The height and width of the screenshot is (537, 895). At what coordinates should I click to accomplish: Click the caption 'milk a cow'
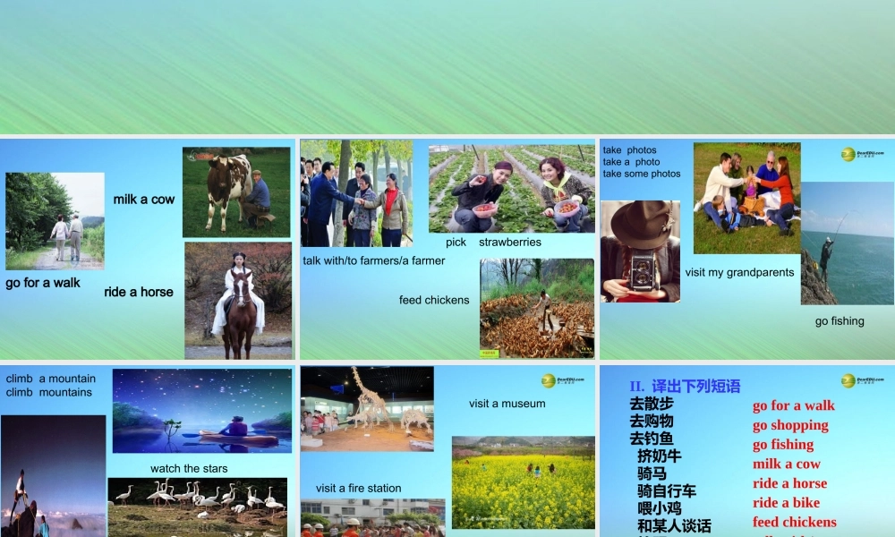coord(143,199)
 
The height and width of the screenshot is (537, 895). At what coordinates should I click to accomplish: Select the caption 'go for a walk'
coord(43,283)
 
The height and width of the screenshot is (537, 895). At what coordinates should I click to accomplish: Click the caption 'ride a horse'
coord(139,292)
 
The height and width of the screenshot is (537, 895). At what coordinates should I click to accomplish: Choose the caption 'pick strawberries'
coord(493,242)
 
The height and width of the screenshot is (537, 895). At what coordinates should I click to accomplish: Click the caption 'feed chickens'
coord(434,300)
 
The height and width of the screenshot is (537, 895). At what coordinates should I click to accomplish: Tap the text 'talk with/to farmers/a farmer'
coord(374,260)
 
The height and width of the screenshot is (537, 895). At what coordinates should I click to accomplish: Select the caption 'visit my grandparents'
coord(739,272)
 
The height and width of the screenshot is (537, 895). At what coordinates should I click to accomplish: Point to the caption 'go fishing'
coord(840,320)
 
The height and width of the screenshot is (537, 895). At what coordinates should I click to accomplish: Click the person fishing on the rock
coord(826,255)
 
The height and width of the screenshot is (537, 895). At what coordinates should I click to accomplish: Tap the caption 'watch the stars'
coord(189,468)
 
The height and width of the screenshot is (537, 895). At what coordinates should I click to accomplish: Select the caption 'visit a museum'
coord(507,404)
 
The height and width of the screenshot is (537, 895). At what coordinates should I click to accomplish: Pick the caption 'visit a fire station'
coord(358,488)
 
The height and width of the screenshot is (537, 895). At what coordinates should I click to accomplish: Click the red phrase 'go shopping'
coord(790,425)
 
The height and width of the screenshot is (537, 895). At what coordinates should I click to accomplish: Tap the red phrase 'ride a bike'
coord(786,503)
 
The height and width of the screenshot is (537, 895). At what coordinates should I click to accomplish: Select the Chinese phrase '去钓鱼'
coord(652,439)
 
